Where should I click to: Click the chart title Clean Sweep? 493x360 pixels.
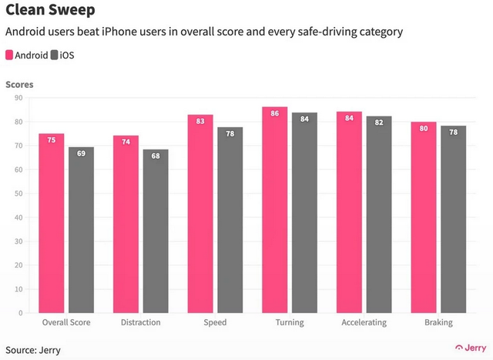pos(52,11)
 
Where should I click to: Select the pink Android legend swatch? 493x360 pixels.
pos(9,56)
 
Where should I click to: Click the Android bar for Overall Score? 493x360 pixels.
pos(51,224)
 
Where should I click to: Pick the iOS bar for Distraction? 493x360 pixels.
pos(156,231)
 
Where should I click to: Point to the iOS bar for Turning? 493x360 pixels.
pos(304,213)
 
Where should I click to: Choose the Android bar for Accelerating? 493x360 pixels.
pos(349,212)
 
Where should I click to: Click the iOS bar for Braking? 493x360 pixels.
pos(453,220)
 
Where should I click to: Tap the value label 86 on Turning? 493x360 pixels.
pos(274,113)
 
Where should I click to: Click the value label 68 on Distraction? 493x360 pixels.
pos(156,156)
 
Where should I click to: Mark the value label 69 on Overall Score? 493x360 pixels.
pos(81,154)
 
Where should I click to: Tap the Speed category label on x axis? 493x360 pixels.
pos(215,323)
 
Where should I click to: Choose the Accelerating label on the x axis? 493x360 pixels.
pos(364,323)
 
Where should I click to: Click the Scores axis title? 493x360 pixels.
pos(19,84)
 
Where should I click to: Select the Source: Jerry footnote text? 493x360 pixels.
pos(33,349)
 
